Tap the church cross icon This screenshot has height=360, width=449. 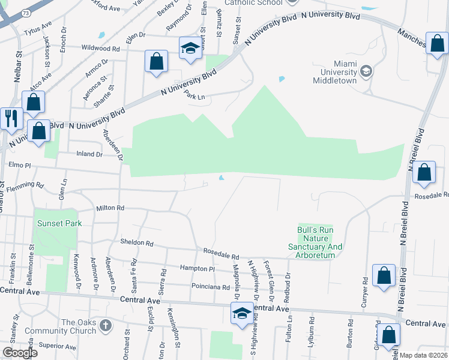(105, 325)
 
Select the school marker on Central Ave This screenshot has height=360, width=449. (242, 313)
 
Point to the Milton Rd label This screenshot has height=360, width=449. (110, 208)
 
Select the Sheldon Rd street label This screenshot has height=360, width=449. (137, 244)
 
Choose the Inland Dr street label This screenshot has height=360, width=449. (89, 154)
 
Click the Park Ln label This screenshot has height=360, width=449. (195, 96)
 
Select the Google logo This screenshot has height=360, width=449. (19, 353)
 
